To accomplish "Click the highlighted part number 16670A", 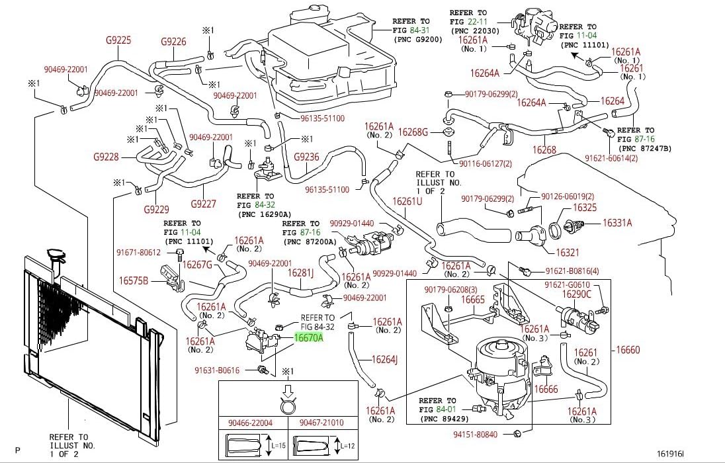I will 308,338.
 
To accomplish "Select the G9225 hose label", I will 118,40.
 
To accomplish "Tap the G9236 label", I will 306,157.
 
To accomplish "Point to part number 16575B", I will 134,280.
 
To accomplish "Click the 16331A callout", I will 617,224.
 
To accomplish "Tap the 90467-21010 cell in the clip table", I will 321,423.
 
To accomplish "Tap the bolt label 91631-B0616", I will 235,370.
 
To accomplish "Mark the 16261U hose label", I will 407,201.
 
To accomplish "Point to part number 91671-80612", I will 139,252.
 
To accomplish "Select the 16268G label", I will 415,132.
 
